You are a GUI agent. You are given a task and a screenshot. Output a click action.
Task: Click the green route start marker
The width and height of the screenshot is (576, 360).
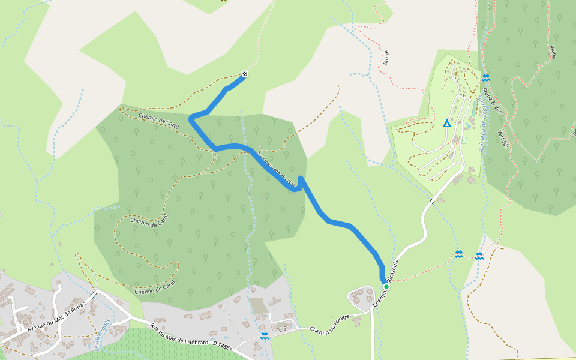pos(386,287)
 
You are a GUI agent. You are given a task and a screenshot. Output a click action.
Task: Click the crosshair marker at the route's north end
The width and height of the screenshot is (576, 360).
pos(244,74)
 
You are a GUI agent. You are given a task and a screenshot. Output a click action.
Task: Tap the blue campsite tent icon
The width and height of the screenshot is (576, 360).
pos(446,123)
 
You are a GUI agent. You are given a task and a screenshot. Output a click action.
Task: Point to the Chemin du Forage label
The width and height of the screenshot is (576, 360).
pos(329,323)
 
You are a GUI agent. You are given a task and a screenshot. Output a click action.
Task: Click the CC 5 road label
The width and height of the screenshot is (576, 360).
pos(282,329)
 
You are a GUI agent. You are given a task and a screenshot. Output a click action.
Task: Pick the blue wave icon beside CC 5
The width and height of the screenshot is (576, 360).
pos(265,335)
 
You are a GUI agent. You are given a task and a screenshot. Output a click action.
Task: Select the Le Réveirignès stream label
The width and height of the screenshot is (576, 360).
pos(103,334)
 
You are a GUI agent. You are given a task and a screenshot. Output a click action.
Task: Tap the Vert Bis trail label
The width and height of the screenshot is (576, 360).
pos(503,138)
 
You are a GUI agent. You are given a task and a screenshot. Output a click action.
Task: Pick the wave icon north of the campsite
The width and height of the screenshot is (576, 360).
pos(485,78)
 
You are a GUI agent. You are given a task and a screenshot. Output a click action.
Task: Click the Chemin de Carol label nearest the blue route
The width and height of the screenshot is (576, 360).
pos(159,120)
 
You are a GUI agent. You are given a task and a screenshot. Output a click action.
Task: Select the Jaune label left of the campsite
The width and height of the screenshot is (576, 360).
pos(386,58)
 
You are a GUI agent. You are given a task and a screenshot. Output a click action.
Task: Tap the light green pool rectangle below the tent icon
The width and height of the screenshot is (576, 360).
pos(464,140)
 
